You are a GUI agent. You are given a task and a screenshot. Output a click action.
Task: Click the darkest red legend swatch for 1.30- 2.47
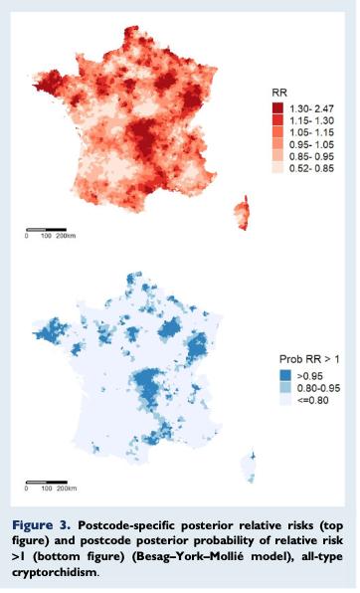coord(277,108)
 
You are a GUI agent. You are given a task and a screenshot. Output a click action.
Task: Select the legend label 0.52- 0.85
coord(311,168)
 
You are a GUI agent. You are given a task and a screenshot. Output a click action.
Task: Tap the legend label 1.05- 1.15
coord(311,132)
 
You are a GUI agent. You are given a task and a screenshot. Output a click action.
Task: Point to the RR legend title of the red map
coord(279,93)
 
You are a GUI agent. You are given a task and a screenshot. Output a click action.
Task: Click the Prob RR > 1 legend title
coord(309,359)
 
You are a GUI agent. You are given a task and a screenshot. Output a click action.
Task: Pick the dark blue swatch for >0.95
coord(285,376)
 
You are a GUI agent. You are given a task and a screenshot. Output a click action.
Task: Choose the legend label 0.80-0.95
coord(318,388)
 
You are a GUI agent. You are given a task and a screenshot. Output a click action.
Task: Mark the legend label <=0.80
coord(312,401)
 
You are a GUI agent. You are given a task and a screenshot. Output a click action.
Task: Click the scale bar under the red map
coord(46,230)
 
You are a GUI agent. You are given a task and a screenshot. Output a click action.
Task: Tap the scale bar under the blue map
coord(47,483)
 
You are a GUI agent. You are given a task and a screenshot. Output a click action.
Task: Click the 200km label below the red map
coord(66,236)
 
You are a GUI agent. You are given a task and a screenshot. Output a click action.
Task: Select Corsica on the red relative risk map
coord(243,213)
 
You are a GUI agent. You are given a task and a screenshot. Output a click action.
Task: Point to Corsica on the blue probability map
coord(249,467)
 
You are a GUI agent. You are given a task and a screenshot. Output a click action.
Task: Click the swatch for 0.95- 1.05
coord(277,144)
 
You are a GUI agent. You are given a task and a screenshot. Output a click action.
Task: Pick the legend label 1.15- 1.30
coord(311,120)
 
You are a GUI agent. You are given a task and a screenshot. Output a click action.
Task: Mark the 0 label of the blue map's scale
coord(26,489)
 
